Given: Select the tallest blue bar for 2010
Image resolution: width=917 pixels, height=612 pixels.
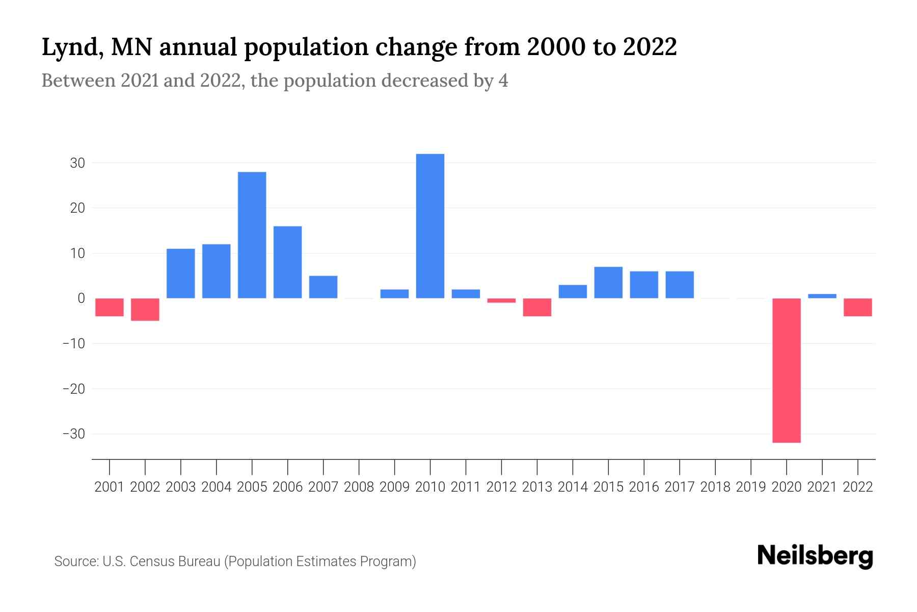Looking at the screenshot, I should coord(430,226).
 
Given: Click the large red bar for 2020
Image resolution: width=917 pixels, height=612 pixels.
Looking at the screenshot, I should coord(786,370).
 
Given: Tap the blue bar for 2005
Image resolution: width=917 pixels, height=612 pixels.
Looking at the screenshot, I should coord(252,235).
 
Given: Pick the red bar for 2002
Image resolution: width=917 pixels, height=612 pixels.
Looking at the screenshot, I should coord(145,310).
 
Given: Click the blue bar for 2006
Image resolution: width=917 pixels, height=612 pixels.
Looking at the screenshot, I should coord(287,262).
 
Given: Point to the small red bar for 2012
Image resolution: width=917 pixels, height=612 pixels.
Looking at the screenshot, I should coord(501,300).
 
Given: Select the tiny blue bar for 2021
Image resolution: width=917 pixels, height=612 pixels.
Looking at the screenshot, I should coord(822,296).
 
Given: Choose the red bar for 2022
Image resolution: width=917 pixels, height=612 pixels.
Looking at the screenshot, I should coord(857,308).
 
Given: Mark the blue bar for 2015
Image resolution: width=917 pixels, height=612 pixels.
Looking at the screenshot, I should coord(608,283).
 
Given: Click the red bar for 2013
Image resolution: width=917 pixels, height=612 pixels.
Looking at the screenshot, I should coord(537,308).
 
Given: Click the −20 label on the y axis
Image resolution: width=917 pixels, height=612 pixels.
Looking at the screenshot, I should coord(73,389).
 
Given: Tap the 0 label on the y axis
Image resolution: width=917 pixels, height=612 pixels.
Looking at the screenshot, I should coord(81,298).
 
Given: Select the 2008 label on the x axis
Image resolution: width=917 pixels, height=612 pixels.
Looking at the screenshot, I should coord(359,487).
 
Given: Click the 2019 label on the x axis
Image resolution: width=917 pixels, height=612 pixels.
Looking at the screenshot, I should coord(750,487).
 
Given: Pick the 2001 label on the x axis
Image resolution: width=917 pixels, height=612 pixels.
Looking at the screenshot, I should coord(110,487).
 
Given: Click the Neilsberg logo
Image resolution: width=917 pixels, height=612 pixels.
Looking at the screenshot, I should coord(815,556).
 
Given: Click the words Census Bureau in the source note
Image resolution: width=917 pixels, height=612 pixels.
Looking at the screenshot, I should coord(175,562).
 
